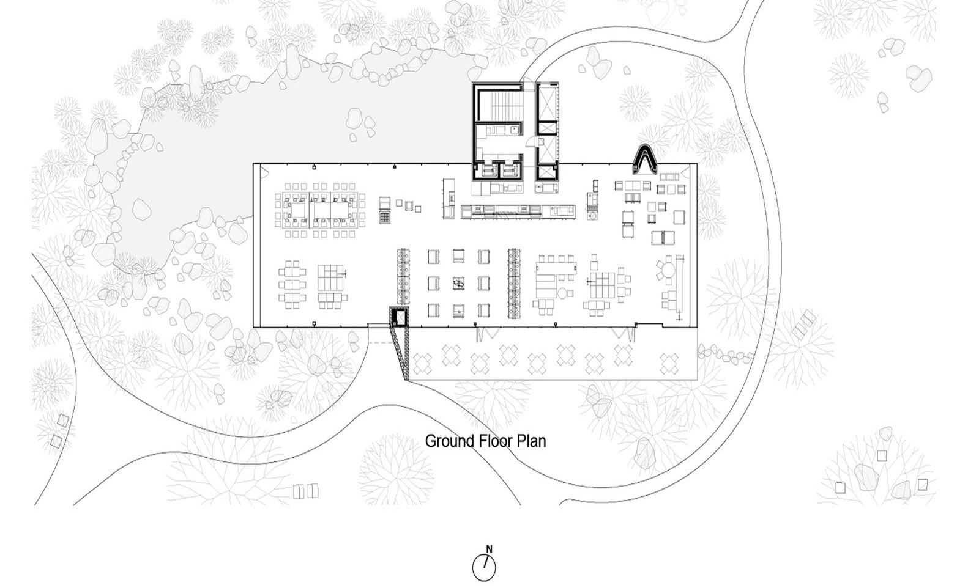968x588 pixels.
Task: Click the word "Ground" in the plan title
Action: (450, 442)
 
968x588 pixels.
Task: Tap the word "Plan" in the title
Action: (532, 441)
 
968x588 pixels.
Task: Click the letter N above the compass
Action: (489, 549)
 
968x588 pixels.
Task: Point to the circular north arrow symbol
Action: (484, 568)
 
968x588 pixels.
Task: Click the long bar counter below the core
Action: (518, 211)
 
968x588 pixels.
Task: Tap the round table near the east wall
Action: (668, 271)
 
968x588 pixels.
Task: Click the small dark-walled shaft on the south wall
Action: (399, 317)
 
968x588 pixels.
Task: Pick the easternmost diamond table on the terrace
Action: (669, 364)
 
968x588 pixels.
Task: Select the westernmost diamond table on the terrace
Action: (422, 364)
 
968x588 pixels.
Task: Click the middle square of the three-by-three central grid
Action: (458, 283)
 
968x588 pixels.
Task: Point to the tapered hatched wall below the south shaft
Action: (401, 354)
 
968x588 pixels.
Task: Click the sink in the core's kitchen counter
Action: (514, 128)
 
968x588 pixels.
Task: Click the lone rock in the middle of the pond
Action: (354, 117)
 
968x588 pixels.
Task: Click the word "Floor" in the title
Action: (496, 441)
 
